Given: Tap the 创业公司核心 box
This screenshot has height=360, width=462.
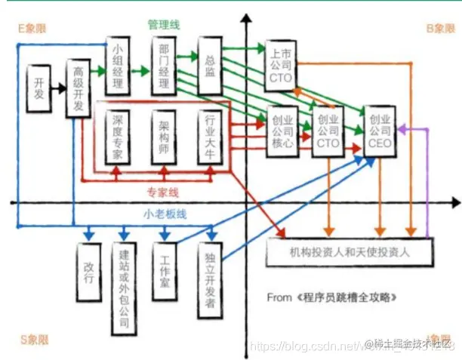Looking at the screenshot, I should tap(281, 131).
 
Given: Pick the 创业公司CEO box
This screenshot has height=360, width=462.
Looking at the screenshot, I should tap(380, 130).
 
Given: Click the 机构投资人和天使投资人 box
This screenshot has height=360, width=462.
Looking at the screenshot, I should tap(350, 252).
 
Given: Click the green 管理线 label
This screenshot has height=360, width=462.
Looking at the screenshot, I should tap(164, 24).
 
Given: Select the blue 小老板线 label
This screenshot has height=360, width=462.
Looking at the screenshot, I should tap(165, 214).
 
